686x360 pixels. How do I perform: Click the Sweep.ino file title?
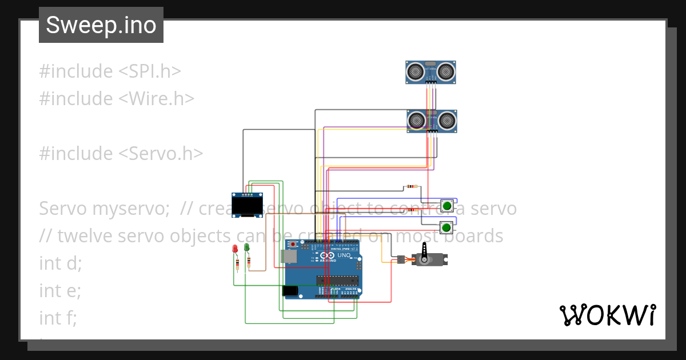(x=101, y=25)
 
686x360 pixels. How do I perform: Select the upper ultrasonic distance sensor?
(x=431, y=71)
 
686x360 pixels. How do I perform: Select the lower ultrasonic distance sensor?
(x=432, y=121)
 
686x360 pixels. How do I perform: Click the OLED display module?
(x=247, y=205)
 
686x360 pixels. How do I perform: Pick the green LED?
(x=246, y=248)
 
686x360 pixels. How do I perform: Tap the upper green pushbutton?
(x=447, y=205)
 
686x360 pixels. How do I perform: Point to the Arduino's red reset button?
(x=294, y=245)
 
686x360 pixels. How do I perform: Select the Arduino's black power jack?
(x=290, y=291)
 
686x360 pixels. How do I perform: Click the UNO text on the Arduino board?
(x=344, y=255)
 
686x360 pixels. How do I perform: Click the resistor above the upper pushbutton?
(x=410, y=186)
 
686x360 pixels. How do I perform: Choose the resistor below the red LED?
(x=237, y=263)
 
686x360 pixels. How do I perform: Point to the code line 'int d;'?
(x=61, y=263)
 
